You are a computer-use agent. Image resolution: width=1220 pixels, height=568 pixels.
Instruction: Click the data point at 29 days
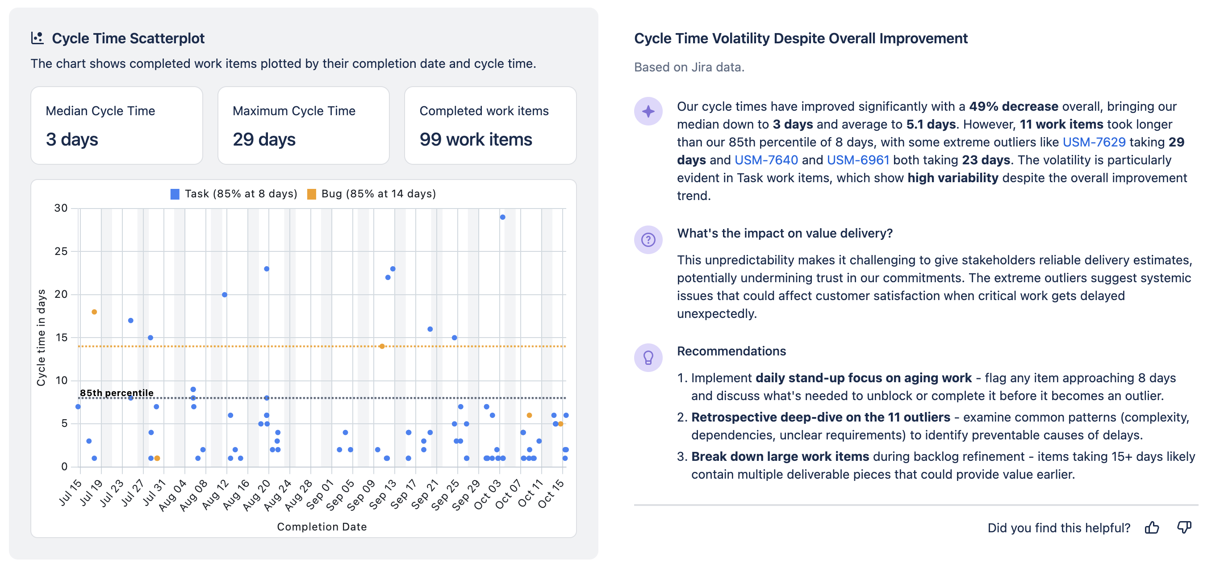coord(502,217)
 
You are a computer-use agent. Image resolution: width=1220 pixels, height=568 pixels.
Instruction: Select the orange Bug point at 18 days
coord(94,312)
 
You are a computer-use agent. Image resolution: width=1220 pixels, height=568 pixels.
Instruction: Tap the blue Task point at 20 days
coord(225,295)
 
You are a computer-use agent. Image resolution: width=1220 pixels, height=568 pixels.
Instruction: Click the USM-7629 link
coord(1094,142)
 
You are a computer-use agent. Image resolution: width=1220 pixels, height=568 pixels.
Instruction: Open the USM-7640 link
coord(766,160)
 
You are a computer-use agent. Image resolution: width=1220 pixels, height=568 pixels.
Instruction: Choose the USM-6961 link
coord(858,160)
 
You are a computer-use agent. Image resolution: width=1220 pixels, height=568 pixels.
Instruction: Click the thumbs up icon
coord(1152,527)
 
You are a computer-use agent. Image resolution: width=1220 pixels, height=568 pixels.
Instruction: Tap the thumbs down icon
coord(1184,527)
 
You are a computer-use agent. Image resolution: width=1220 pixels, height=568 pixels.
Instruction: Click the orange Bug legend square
coord(312,194)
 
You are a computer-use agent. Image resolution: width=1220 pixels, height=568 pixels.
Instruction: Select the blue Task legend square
coord(175,194)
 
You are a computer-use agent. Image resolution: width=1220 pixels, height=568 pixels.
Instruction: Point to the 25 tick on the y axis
coord(61,251)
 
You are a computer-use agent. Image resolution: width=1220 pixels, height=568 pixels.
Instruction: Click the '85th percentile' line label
coord(117,393)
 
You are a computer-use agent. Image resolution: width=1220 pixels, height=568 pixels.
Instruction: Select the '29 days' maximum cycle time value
coord(264,140)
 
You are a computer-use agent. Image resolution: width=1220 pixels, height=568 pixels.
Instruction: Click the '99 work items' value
coord(476,140)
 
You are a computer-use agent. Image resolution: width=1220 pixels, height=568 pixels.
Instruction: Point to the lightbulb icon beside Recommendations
coord(648,357)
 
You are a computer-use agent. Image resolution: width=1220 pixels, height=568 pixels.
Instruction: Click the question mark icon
coord(648,240)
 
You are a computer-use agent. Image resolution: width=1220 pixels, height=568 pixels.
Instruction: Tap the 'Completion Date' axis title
coord(322,527)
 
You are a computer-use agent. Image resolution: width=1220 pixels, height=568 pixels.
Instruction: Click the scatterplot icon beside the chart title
coord(38,38)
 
